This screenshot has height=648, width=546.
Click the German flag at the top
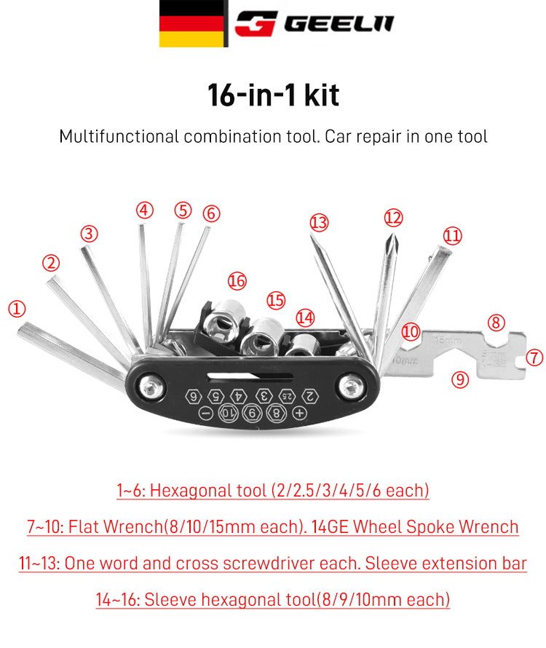coord(191,23)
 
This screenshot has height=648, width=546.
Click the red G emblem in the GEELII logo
coord(256,23)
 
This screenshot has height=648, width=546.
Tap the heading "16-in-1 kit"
coord(273,95)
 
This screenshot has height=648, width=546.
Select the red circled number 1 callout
coord(17,308)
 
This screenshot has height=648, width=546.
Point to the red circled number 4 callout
coord(145,210)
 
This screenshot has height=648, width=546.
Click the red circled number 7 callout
coord(534,357)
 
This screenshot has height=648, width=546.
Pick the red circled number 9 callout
coord(459,378)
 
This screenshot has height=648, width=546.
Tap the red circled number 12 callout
coord(393,218)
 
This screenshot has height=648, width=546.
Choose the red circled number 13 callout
coord(319,221)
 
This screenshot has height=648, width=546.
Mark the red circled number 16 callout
coord(237,280)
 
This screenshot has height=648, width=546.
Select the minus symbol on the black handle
coord(206,413)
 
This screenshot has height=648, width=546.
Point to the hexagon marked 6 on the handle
coord(193,397)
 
